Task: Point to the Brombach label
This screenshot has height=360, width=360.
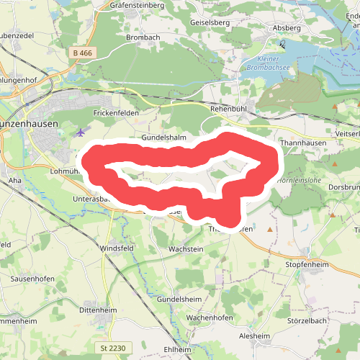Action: pyautogui.click(x=143, y=37)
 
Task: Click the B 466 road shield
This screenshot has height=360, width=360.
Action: pyautogui.click(x=84, y=53)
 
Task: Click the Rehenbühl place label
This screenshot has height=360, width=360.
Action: pyautogui.click(x=228, y=109)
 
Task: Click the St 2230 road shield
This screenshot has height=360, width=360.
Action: pyautogui.click(x=114, y=348)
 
